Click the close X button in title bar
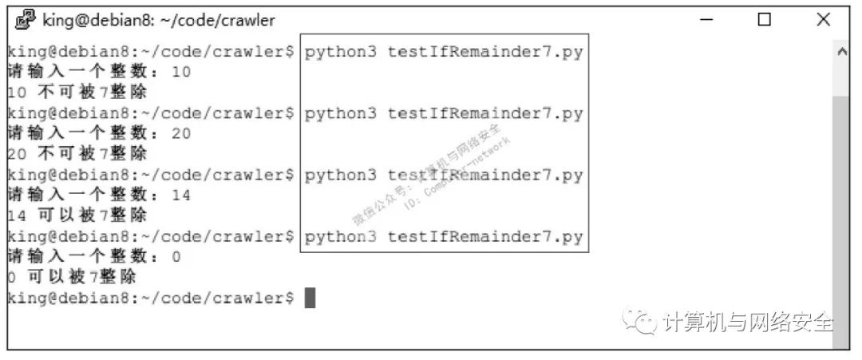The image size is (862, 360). tap(824, 19)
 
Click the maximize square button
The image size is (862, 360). tap(765, 19)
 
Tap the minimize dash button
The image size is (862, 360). tap(706, 19)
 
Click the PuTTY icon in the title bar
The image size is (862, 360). tap(26, 19)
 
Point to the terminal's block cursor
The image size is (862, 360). tap(310, 299)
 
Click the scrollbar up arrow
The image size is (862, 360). tap(840, 51)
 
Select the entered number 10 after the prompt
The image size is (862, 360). tap(182, 72)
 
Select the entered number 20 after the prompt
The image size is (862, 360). tap(182, 133)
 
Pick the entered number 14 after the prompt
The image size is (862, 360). tap(182, 195)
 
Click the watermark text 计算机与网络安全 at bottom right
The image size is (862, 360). tap(749, 322)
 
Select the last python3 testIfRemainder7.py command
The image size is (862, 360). tap(444, 237)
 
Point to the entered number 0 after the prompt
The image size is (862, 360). tap(176, 257)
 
